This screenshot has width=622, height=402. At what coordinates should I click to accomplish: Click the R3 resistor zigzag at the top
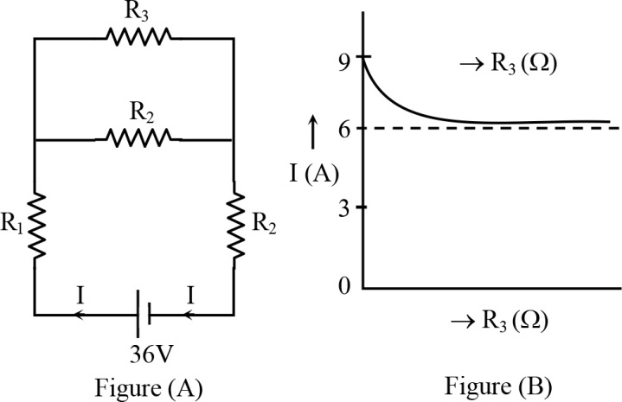click(138, 36)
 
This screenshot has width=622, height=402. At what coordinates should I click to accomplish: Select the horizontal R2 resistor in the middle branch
click(138, 137)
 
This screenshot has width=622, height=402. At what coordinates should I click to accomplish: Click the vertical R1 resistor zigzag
click(34, 226)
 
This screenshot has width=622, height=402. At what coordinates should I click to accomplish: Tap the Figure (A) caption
click(138, 380)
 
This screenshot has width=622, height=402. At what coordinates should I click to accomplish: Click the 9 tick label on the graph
click(344, 60)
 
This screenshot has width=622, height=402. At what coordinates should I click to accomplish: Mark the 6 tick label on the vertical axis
click(344, 128)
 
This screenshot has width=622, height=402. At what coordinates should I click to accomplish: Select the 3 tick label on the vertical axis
click(344, 207)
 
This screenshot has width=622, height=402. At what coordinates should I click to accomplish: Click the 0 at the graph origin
click(344, 285)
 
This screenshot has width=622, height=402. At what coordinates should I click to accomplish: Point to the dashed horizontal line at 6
click(519, 128)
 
